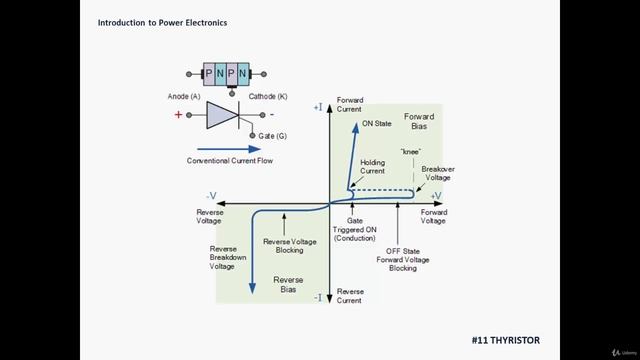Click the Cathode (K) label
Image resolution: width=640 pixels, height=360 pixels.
(269, 96)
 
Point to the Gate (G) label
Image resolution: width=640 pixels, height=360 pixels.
(274, 135)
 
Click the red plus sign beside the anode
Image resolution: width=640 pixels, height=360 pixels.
(179, 115)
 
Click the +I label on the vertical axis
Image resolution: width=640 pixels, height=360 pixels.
(318, 106)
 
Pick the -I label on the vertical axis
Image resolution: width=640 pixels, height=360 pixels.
(318, 297)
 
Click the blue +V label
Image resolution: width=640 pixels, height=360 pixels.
(436, 196)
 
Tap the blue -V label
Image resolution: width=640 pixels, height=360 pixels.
(211, 196)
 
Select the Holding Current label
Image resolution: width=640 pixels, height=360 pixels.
(372, 167)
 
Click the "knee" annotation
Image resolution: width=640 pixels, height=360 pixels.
(410, 151)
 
